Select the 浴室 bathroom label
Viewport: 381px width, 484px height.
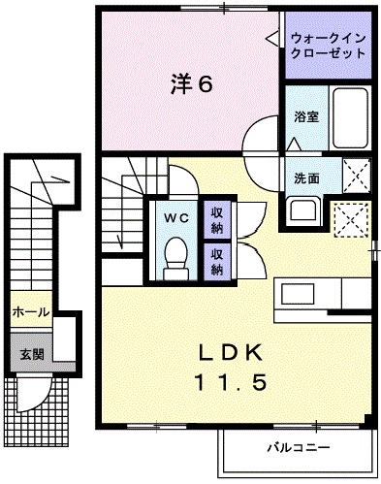pyautogui.click(x=307, y=116)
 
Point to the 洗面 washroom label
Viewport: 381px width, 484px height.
pyautogui.click(x=306, y=178)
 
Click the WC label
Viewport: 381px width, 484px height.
pyautogui.click(x=175, y=216)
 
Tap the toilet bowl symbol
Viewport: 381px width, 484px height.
pyautogui.click(x=175, y=256)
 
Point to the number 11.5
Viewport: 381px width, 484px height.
pyautogui.click(x=233, y=382)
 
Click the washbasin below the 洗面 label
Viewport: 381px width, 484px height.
pyautogui.click(x=306, y=210)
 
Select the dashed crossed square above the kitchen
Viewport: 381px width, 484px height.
pyautogui.click(x=350, y=220)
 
